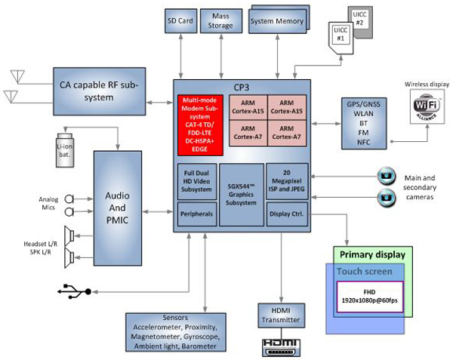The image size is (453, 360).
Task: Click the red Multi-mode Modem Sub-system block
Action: (x=198, y=123)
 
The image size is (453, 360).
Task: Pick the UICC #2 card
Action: (x=359, y=20)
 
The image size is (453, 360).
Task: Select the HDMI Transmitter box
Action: (x=280, y=315)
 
